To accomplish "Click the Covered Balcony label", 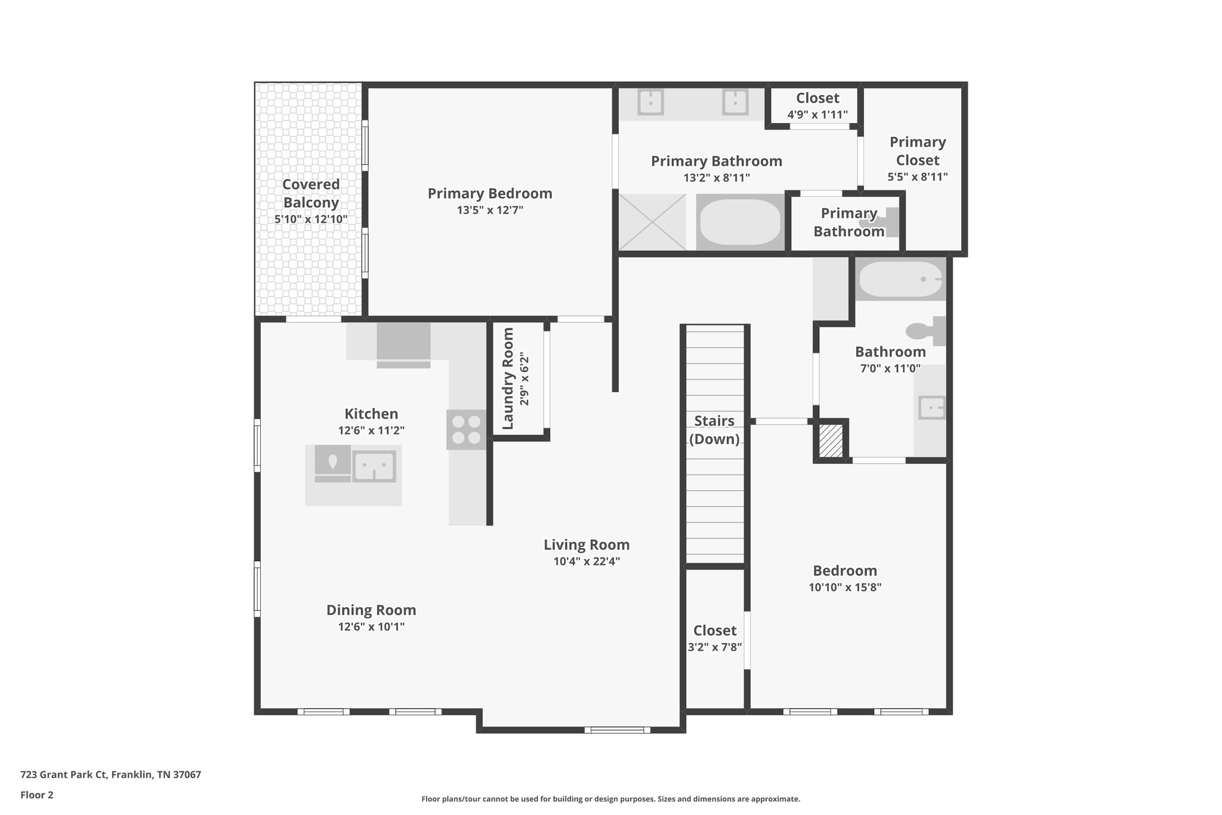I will (311, 193).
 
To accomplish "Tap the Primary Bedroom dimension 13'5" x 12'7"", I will (489, 210).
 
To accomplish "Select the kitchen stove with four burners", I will (466, 430).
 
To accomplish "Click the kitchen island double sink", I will (374, 466).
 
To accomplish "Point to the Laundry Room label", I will (508, 379).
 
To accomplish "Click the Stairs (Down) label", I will (714, 430).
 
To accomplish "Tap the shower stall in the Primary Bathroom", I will (652, 222).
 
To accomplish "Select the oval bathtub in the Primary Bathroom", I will (740, 222).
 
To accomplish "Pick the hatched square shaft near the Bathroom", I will (830, 441).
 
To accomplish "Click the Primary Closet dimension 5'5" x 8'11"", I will (917, 177).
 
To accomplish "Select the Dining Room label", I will (371, 610).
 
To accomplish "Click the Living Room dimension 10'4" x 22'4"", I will (587, 561).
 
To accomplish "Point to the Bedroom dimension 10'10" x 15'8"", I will (845, 587).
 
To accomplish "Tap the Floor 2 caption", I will (37, 795).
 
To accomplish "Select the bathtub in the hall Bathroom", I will (900, 279).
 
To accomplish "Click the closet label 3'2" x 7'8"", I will (715, 647).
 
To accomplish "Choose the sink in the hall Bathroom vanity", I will (931, 408).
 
